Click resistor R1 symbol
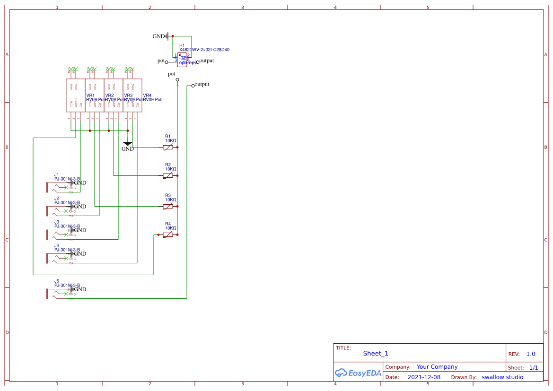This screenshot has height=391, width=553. coord(168,148)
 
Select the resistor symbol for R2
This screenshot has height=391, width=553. coord(168,176)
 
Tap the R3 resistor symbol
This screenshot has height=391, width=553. coord(168,207)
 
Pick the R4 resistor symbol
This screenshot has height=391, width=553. coord(168,235)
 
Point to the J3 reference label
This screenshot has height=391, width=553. coord(57,222)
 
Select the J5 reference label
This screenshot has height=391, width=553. coord(57,281)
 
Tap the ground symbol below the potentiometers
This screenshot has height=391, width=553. coord(127,143)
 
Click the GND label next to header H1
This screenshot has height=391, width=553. coord(158,36)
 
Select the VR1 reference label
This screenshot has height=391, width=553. coord(90,96)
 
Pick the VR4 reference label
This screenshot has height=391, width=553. coord(147,96)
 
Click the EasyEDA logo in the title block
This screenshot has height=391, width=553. coord(358,373)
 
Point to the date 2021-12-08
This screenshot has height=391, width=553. coord(424,377)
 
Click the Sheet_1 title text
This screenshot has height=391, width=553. coord(376,354)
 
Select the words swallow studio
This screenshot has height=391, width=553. coord(502,377)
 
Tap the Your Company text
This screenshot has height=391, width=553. coord(437,367)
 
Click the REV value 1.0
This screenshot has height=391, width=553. coord(531,354)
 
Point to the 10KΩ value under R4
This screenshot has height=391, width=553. coord(170,228)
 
